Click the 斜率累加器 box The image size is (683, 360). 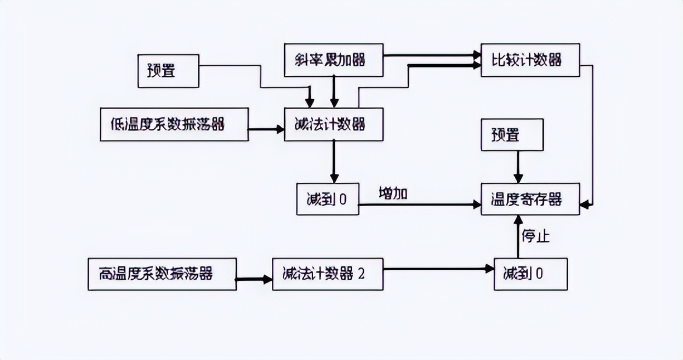[x=333, y=60]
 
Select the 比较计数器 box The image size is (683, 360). [x=530, y=60]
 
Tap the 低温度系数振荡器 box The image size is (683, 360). [x=174, y=124]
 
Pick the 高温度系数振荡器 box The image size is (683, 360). [x=162, y=274]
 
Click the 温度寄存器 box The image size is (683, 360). [x=530, y=200]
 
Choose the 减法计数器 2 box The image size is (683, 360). [x=328, y=274]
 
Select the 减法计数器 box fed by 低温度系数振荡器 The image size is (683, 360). [x=333, y=124]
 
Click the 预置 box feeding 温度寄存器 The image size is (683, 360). [x=512, y=135]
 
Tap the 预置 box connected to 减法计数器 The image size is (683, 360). [x=168, y=71]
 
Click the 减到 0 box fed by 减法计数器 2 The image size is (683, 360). [x=530, y=274]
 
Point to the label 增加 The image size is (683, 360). [x=393, y=194]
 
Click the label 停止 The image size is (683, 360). [x=535, y=236]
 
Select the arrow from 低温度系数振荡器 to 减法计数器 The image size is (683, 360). [x=266, y=129]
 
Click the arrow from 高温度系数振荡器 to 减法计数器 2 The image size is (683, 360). [x=254, y=279]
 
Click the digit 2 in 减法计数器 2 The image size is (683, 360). [x=361, y=274]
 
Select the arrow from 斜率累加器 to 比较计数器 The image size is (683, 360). [x=432, y=55]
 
